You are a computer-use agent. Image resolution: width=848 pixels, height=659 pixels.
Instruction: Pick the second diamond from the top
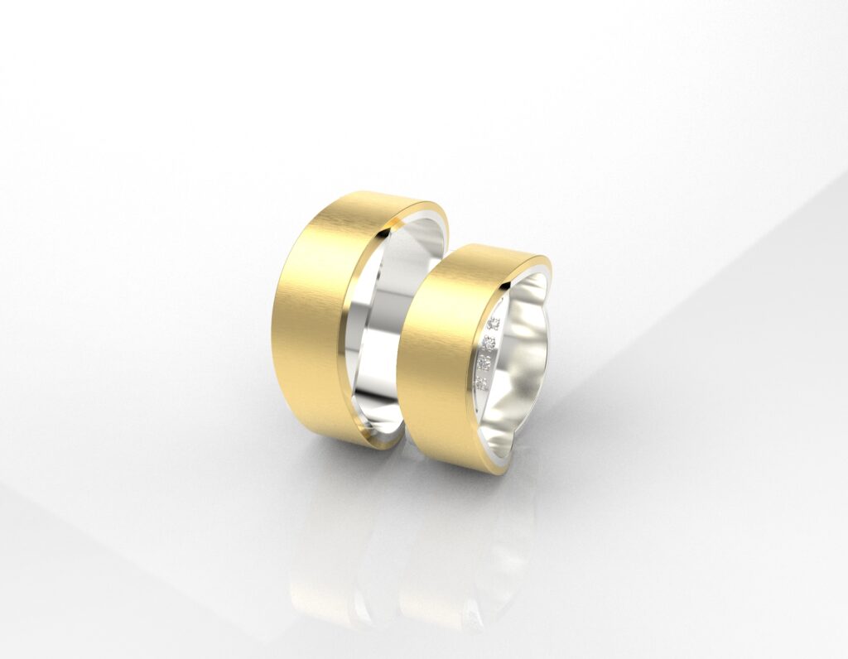click(489, 341)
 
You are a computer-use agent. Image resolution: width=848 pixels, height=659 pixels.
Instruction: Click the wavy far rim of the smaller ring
click(538, 286)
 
